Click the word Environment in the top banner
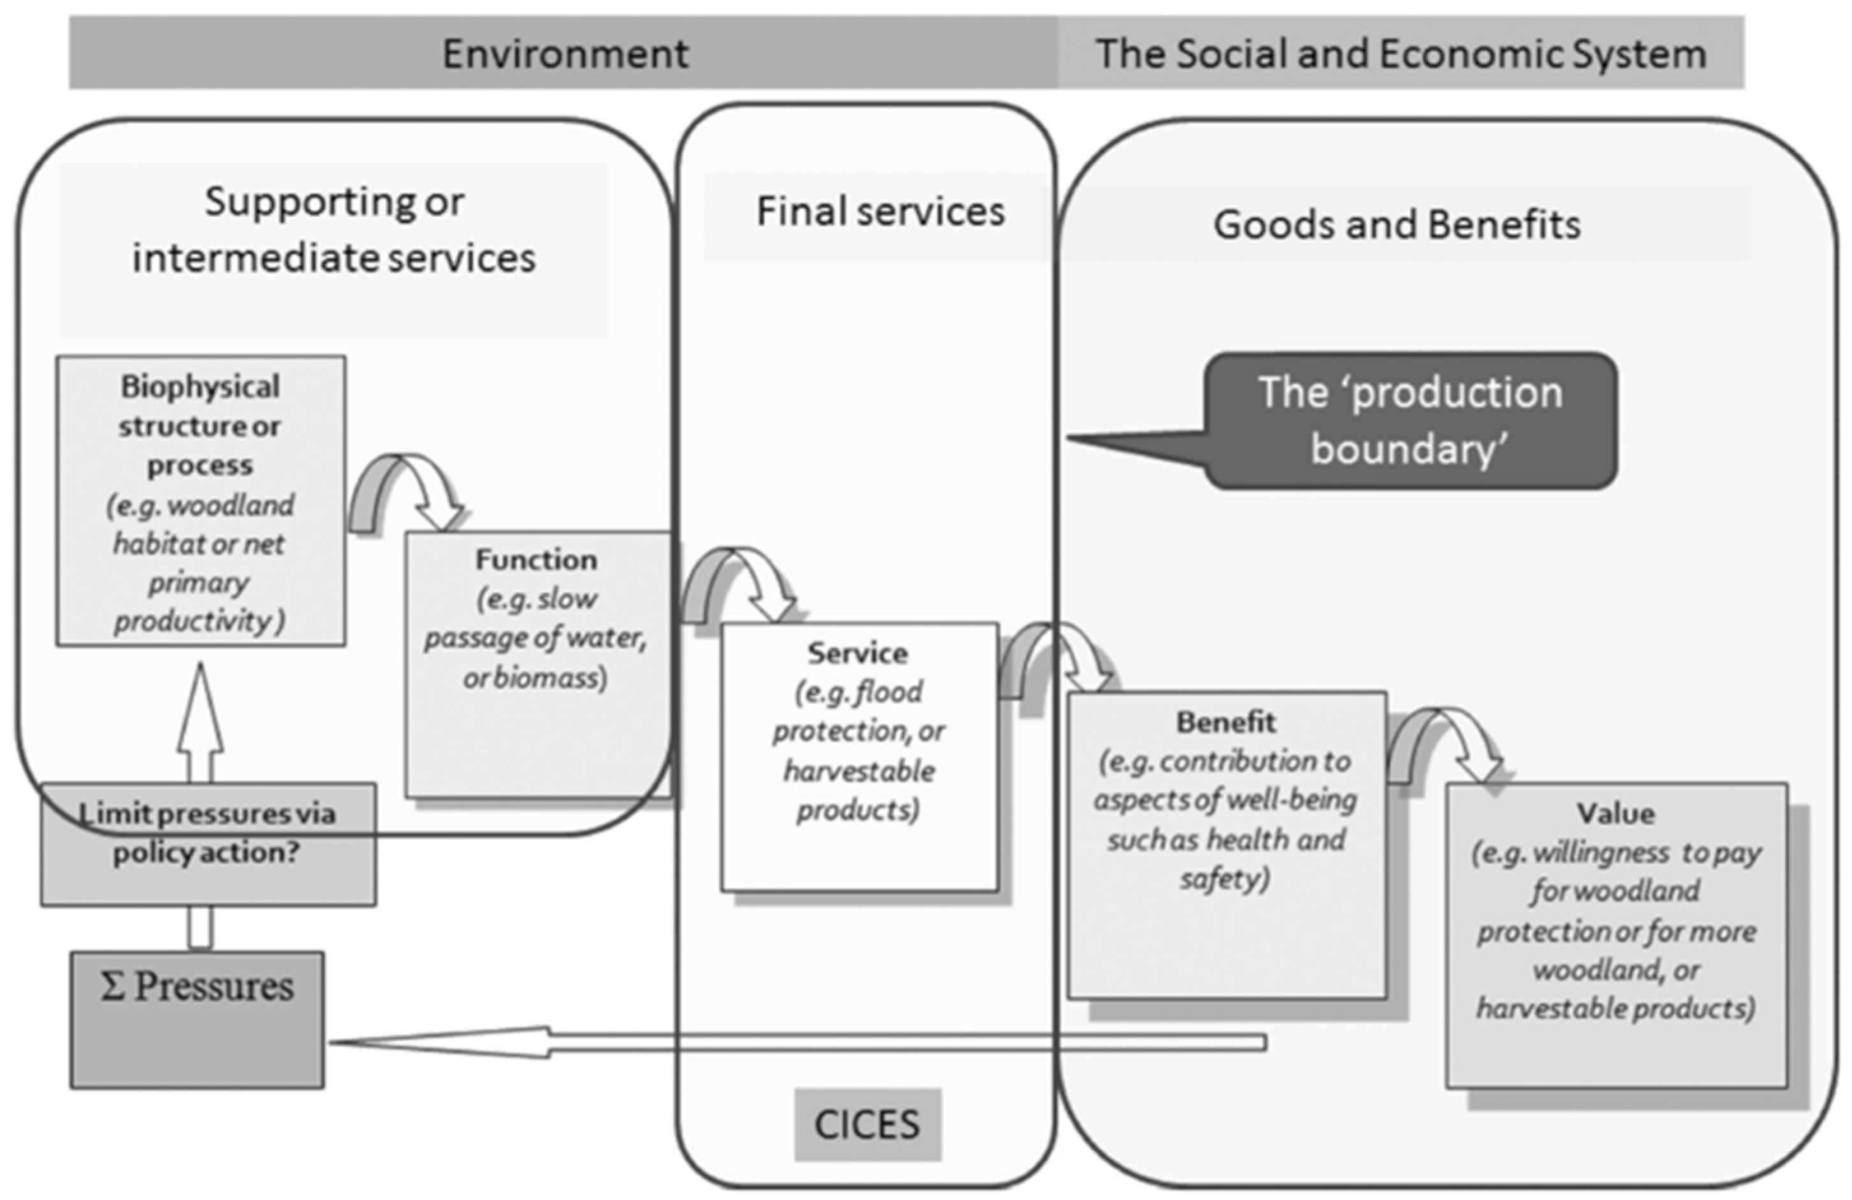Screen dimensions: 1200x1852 coord(565,54)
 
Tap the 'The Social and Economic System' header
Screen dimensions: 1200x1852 coord(1401,54)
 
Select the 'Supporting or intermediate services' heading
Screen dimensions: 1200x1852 coord(334,230)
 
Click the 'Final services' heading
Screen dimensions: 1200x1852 coord(880,212)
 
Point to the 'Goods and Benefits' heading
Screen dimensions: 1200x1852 coord(1397,225)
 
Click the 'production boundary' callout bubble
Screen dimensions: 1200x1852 coord(1410,421)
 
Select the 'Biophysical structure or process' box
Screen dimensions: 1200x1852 coord(201,501)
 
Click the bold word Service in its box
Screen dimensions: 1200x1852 coord(857,653)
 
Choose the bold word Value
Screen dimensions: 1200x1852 coord(1615,813)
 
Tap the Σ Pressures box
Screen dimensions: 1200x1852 coord(197,1019)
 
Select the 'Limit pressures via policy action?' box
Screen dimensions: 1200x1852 coord(208,844)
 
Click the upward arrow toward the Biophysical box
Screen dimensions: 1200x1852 coord(201,724)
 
